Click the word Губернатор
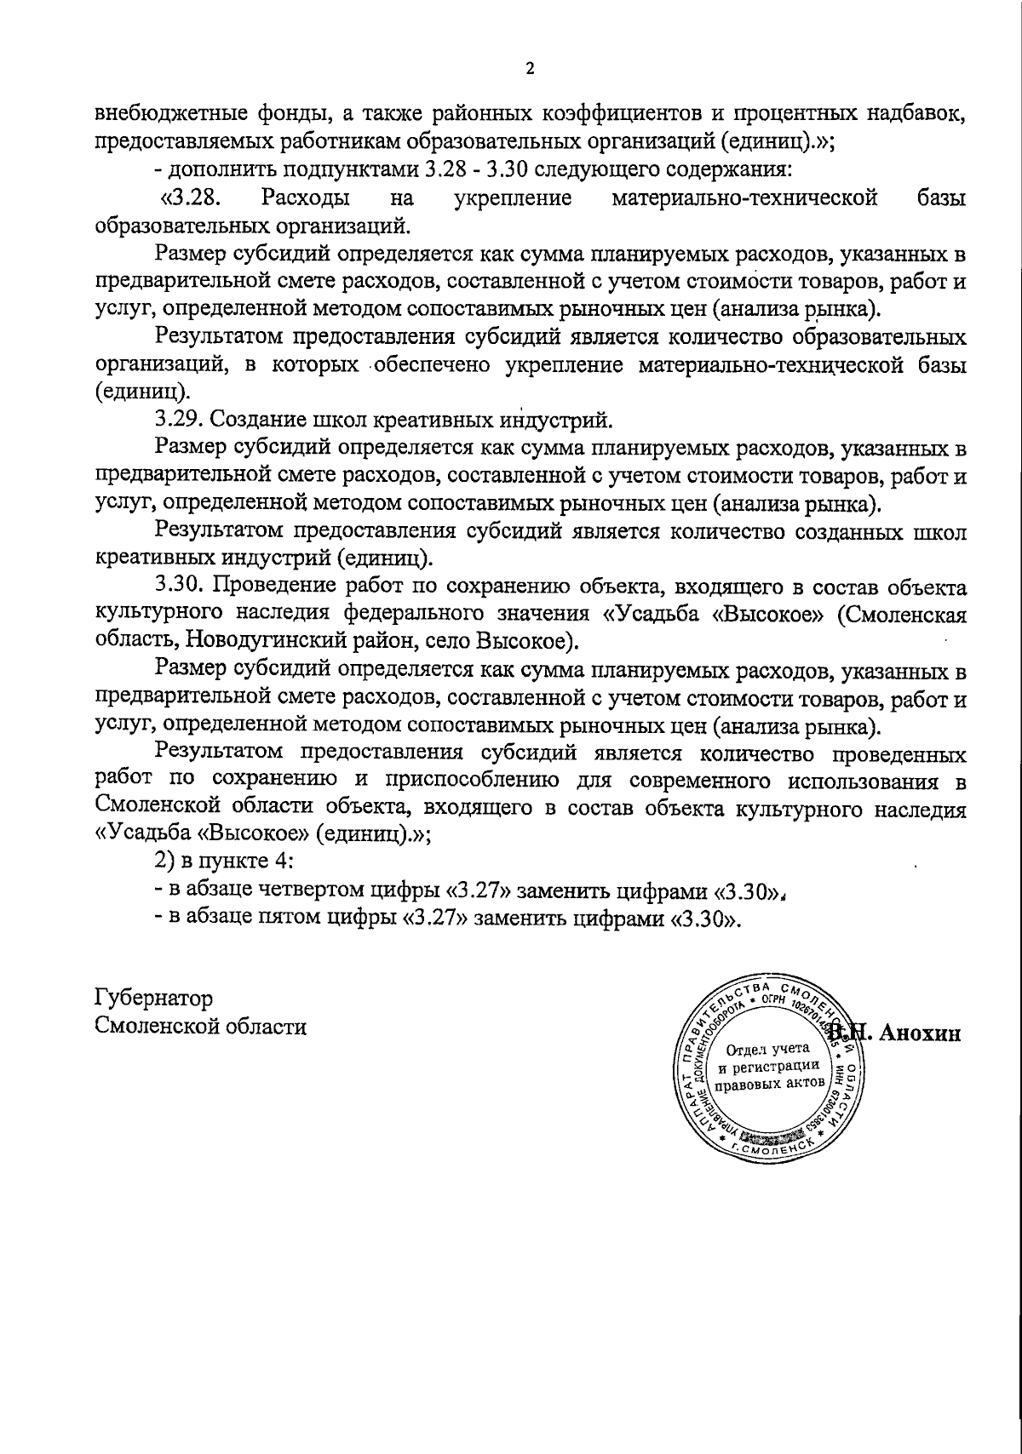(x=154, y=998)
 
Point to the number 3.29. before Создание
(x=180, y=420)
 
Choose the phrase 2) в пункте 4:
(x=224, y=862)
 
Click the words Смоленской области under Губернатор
(x=201, y=1027)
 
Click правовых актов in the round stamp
(x=769, y=1085)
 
